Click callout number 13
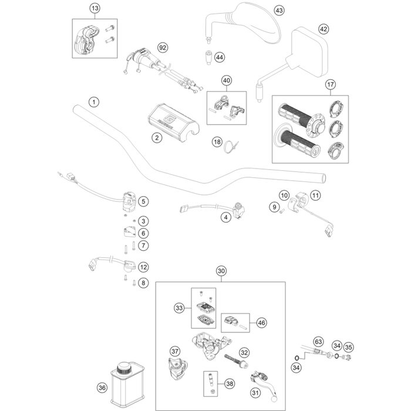pos(95,8)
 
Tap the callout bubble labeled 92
pos(163,46)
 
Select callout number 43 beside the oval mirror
pos(278,11)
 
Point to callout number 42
pos(324,29)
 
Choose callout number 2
pos(139,138)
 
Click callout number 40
pos(227,80)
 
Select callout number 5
pos(144,201)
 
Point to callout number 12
pos(143,267)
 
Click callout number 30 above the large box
pos(221,271)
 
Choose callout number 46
pos(261,322)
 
